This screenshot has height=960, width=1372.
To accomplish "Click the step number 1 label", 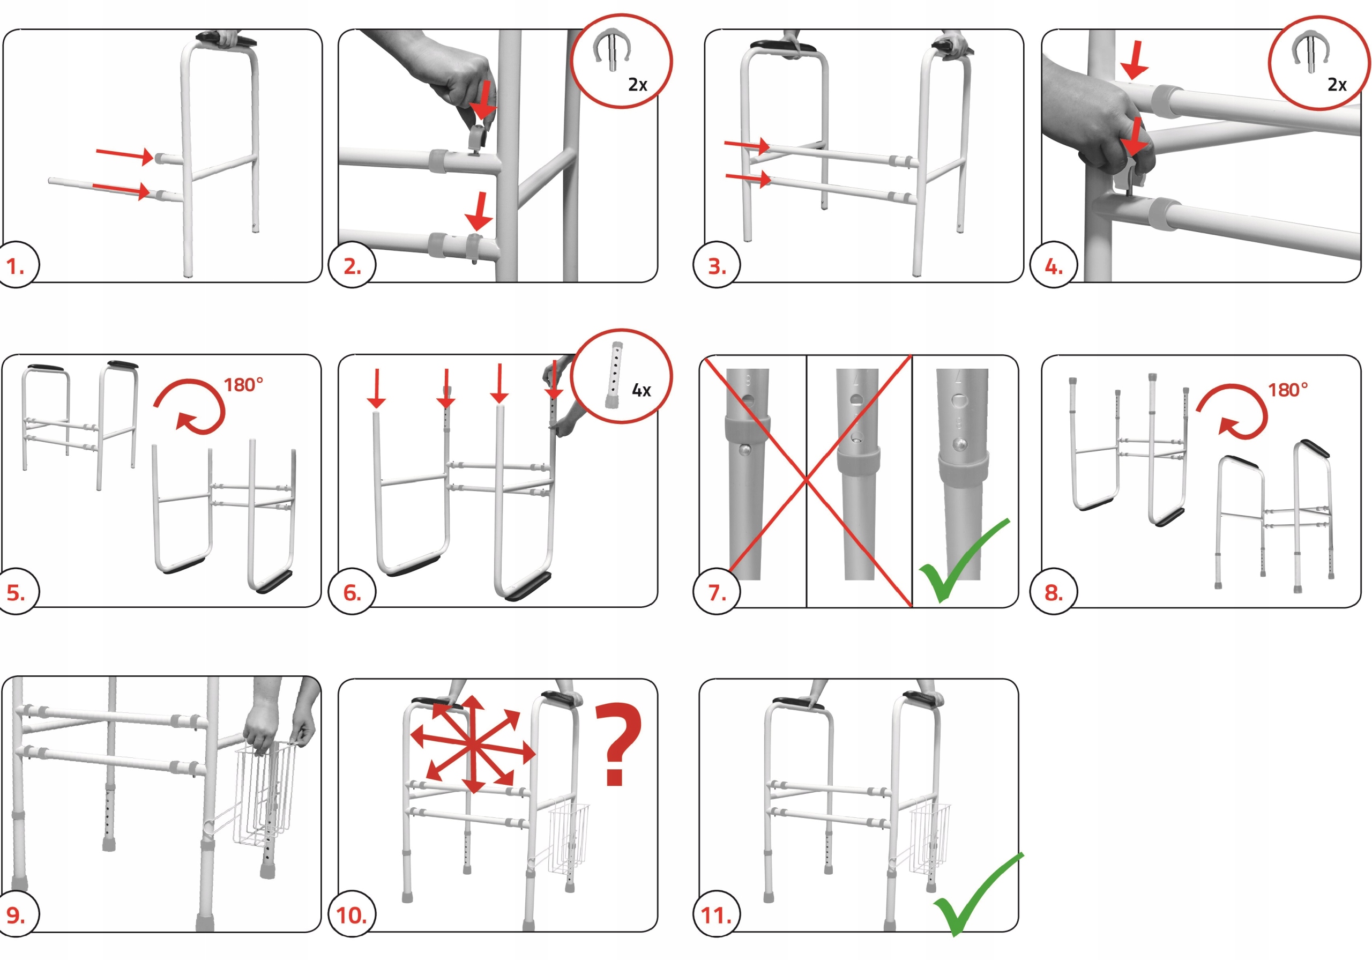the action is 16,266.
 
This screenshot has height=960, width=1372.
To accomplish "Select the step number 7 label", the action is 717,593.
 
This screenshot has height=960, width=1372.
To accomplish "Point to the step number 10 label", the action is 352,915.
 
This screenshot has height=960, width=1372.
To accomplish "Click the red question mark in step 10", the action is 618,743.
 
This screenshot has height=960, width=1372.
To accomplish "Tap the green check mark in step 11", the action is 978,894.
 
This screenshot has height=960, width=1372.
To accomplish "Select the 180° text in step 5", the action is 243,385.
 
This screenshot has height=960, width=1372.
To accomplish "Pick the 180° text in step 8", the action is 1288,390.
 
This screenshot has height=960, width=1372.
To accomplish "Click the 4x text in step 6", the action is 641,390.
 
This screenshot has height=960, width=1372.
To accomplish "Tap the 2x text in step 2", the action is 638,85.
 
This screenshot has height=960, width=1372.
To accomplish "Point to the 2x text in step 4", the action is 1337,85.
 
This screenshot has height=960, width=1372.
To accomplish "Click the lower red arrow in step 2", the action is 479,212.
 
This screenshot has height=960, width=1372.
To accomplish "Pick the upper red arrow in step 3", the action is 747,145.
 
